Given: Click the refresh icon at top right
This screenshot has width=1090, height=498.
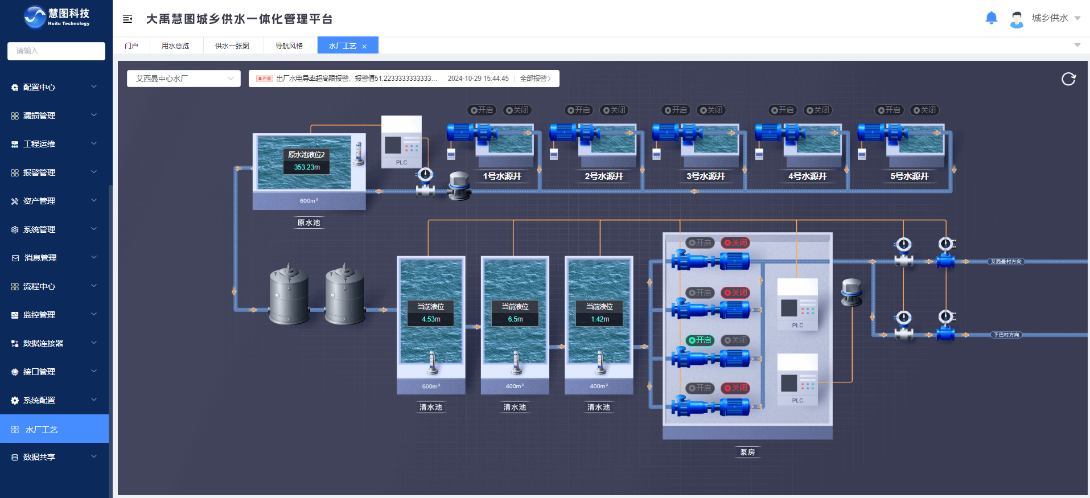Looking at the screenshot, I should coord(1068,79).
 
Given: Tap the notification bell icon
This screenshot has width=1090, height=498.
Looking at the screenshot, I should coord(991,18).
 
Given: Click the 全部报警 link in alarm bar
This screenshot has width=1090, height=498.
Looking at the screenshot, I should coord(535,79).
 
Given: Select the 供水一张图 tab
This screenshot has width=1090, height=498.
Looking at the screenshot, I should coord(232,46).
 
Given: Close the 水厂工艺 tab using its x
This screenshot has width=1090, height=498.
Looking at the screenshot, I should coord(364,47).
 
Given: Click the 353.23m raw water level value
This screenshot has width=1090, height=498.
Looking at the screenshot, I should coord(307,167).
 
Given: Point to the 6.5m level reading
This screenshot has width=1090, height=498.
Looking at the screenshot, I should coord(515,319).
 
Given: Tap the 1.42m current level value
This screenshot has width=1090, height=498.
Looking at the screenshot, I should coord(600,319).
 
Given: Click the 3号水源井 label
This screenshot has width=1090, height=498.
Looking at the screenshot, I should coord(706,176).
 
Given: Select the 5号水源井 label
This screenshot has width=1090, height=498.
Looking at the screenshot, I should coord(910,176).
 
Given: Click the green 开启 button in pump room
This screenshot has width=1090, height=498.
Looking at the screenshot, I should coord(700,340).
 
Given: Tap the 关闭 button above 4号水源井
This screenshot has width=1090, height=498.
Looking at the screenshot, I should coord(818,110).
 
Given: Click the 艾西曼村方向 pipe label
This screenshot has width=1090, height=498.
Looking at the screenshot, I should coord(1006,262).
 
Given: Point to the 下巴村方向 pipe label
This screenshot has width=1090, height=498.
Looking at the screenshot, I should coord(1006,335).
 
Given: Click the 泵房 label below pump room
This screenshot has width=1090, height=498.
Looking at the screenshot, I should coord(747,452).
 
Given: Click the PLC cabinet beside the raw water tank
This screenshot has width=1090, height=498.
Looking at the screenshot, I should coord(401,142).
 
